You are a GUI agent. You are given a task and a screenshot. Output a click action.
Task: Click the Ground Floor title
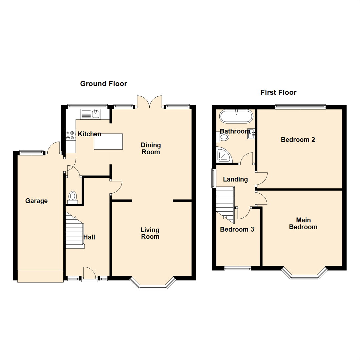103,84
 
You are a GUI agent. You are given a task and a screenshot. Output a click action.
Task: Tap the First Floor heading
278,92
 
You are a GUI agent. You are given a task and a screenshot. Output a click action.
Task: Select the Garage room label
36,201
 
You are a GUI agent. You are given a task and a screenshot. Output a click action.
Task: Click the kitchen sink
96,114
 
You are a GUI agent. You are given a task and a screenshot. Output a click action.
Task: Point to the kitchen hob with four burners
70,135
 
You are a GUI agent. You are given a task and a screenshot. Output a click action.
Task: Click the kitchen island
108,141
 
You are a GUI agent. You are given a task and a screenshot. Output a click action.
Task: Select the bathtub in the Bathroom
236,117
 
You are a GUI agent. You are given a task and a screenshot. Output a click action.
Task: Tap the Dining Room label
151,148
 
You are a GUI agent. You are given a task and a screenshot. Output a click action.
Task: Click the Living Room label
150,233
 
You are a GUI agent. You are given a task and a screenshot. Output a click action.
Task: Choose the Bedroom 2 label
298,140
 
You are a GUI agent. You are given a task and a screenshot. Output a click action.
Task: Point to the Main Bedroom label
303,224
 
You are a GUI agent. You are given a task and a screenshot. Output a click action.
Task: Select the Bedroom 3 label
237,229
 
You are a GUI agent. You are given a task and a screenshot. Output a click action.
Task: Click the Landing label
235,179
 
